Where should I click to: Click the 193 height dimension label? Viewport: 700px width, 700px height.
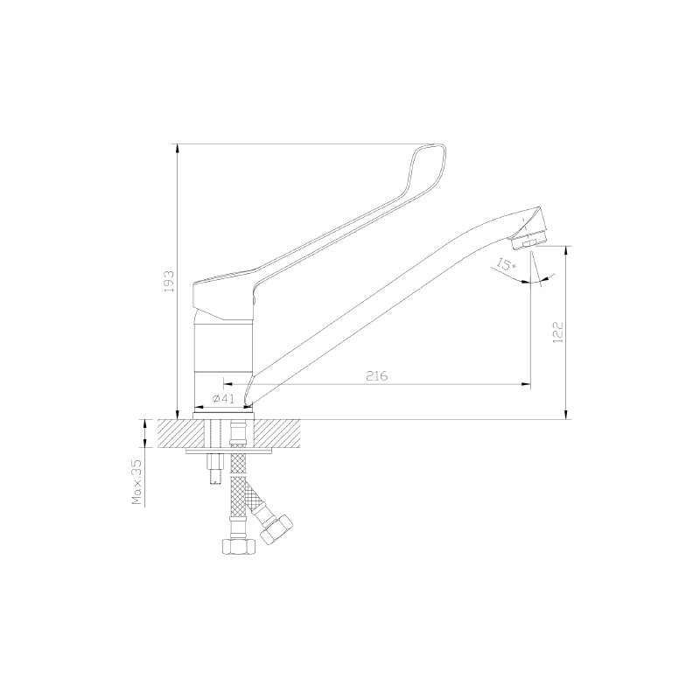tap(170, 281)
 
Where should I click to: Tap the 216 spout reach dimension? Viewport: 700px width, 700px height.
tap(377, 376)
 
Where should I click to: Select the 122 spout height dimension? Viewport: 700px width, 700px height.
tap(558, 332)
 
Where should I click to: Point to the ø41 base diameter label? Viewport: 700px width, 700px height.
tap(223, 399)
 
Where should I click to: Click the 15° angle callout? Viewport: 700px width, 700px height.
tap(506, 267)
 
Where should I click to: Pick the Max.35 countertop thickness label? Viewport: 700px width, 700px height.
tap(136, 482)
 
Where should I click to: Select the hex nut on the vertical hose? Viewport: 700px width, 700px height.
tap(238, 546)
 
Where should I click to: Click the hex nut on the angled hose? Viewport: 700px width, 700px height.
tap(276, 529)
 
